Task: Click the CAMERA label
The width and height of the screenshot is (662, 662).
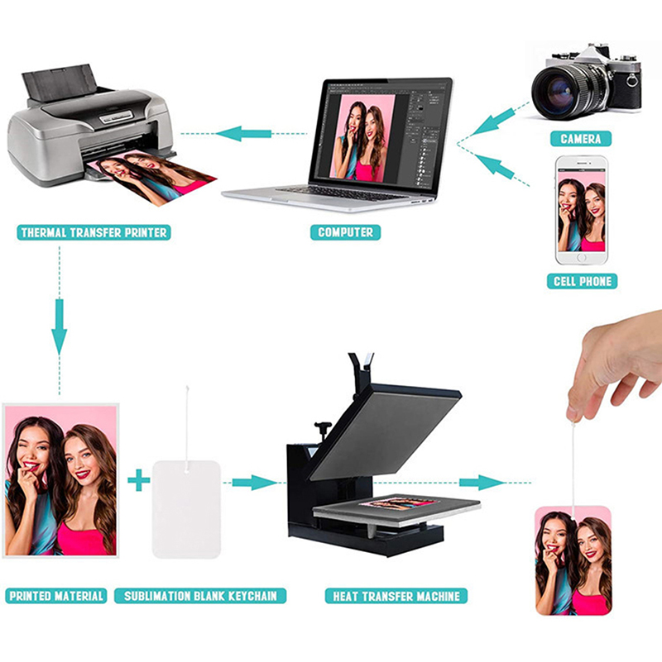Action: [x=580, y=139]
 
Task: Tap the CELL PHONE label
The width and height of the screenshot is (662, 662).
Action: [x=582, y=281]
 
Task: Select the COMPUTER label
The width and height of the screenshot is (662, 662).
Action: [x=345, y=232]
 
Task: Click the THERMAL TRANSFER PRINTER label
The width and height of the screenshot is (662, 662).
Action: [x=94, y=232]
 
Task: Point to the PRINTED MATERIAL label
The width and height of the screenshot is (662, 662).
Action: [x=56, y=596]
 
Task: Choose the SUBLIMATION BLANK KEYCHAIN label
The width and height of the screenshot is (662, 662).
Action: [x=200, y=596]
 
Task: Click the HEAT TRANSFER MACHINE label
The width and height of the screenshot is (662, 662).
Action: [x=396, y=596]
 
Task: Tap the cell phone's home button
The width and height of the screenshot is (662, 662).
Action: [x=582, y=257]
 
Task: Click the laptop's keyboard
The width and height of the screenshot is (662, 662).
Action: [x=343, y=193]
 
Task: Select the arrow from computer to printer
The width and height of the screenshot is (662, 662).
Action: [x=243, y=134]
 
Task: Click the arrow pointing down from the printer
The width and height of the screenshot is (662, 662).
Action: [x=60, y=326]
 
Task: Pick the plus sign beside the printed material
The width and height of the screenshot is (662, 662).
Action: [x=139, y=480]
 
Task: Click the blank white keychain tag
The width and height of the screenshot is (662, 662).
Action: [x=186, y=510]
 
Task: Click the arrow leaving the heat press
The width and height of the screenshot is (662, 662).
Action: [x=482, y=482]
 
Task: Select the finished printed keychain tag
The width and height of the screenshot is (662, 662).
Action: [x=573, y=560]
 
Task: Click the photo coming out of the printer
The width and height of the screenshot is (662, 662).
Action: [x=151, y=179]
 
